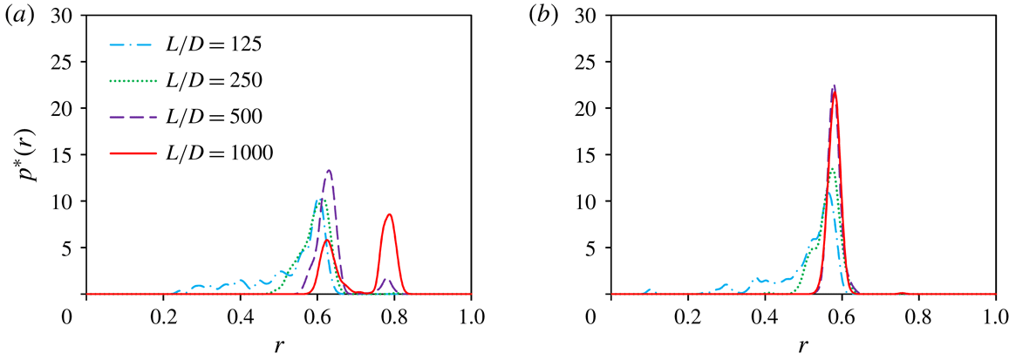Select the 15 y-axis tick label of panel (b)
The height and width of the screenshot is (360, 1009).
[x=591, y=155]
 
